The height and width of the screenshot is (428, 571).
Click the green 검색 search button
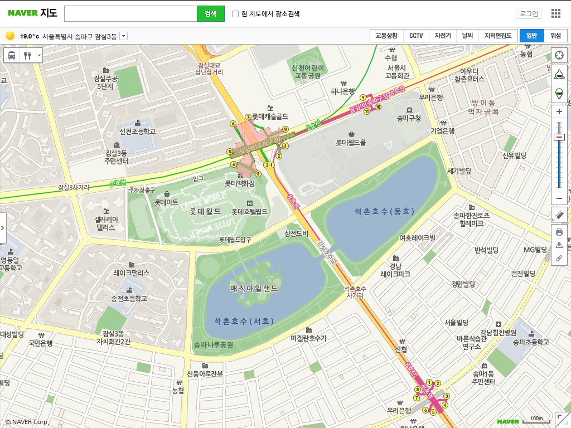[210, 13]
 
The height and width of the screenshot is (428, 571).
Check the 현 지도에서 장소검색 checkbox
[235, 14]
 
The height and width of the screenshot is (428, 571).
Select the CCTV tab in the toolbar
[416, 36]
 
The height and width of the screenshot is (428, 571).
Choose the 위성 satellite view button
[556, 36]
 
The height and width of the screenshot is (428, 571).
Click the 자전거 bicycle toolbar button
[443, 36]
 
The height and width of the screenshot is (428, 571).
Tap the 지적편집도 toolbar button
[498, 36]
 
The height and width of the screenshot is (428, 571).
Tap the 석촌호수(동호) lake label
[385, 211]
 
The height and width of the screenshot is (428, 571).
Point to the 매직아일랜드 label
[254, 288]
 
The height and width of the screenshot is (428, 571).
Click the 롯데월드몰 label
[351, 143]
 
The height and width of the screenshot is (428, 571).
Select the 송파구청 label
[409, 118]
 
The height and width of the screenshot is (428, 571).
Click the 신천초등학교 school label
[137, 132]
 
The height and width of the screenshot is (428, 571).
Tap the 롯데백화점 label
[240, 183]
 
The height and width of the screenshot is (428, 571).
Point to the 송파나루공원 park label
[214, 345]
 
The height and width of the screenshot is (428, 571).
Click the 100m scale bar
[536, 419]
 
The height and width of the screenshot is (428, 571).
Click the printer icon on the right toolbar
[559, 232]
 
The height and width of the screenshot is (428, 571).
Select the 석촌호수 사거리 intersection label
[355, 291]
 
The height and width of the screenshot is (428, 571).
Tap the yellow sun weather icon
[10, 36]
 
